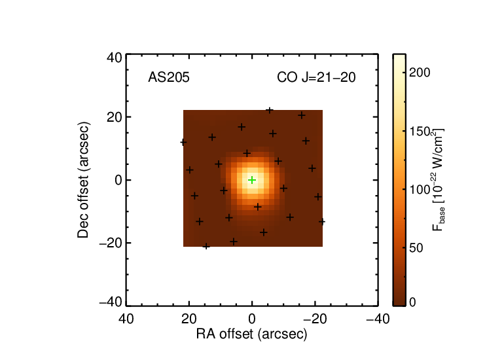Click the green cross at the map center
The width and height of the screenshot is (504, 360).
click(252, 180)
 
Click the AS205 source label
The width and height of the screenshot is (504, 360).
click(169, 77)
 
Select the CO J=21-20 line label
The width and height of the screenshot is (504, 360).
click(316, 77)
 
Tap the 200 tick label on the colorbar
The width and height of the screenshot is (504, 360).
click(420, 73)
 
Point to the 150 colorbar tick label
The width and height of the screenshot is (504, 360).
click(420, 132)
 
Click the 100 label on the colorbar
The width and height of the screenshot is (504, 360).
click(420, 190)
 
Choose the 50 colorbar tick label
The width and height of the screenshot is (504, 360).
click(416, 248)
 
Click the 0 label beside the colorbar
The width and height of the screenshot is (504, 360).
click(412, 302)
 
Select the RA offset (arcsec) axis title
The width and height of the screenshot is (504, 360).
click(252, 334)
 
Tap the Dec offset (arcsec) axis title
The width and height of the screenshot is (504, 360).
click(83, 180)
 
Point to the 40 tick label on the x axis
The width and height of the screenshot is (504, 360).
click(126, 319)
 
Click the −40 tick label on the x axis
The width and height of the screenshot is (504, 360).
click(378, 319)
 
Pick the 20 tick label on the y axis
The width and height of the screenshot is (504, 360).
click(115, 117)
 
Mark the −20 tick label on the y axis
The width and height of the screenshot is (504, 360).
click(111, 243)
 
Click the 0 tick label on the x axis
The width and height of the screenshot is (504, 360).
click(252, 319)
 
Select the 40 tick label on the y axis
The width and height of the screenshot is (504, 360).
click(115, 58)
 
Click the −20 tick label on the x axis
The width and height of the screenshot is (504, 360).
click(315, 319)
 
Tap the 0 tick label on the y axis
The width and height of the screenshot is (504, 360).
click(118, 180)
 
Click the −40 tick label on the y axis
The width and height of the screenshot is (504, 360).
click(111, 302)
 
